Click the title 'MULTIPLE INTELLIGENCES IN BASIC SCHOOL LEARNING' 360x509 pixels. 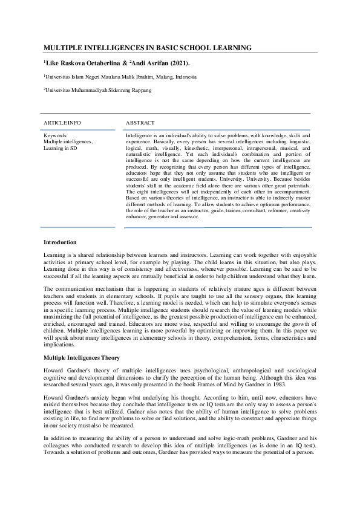click(148, 48)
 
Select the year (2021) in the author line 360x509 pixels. click(177, 63)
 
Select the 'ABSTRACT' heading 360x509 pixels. click(140, 123)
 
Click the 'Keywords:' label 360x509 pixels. click(56, 135)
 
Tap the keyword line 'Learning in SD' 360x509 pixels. click(61, 148)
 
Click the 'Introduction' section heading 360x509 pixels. click(60, 242)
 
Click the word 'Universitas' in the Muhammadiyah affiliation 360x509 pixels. click(58, 90)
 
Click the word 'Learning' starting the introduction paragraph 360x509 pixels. click(54, 256)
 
